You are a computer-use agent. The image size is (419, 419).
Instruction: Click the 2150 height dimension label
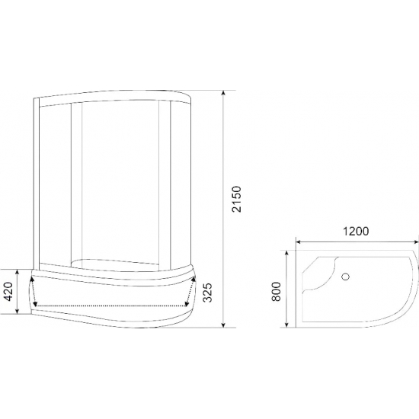coord(236,199)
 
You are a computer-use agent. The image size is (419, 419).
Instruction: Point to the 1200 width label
coord(356,232)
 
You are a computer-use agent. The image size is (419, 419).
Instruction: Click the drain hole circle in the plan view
coord(346,277)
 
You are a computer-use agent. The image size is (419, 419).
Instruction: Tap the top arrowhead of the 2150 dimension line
coord(223,93)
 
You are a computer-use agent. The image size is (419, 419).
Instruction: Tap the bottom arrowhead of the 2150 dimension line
coord(223,325)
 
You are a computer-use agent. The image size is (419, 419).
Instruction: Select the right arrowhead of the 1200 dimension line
coord(415,241)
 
